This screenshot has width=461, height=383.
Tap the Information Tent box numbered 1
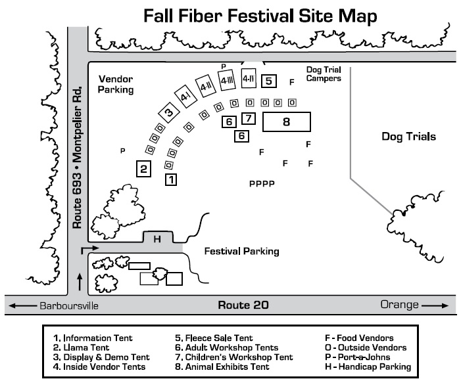(170, 179)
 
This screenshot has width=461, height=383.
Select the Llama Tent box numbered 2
(143, 168)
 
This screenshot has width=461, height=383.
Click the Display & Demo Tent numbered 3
(169, 112)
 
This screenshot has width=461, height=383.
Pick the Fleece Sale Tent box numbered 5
(268, 81)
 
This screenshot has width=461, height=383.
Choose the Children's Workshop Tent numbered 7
(248, 119)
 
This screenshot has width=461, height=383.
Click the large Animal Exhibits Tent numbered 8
(286, 122)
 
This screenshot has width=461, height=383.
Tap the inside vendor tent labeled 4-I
(185, 97)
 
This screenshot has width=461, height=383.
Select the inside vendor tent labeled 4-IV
(249, 78)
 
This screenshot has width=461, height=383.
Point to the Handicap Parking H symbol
(157, 239)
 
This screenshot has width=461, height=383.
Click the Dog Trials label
(409, 137)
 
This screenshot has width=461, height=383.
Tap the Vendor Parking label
(116, 84)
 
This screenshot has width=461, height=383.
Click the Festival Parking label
(241, 251)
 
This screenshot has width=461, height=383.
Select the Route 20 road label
(243, 305)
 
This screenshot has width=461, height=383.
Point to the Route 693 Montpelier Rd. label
(78, 158)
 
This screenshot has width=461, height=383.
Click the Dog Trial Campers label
(324, 74)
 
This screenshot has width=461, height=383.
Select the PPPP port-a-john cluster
(261, 184)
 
